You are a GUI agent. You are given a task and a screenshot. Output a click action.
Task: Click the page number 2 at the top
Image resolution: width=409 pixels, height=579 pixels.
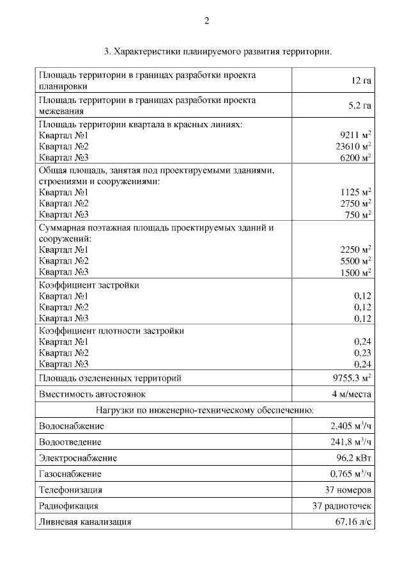click(x=206, y=20)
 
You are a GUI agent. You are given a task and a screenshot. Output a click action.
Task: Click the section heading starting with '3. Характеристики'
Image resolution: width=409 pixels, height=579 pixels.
click(x=217, y=51)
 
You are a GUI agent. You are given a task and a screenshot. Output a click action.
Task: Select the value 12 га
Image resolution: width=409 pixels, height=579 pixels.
click(x=361, y=81)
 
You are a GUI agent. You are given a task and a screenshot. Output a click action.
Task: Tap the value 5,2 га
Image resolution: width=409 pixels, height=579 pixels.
click(x=360, y=106)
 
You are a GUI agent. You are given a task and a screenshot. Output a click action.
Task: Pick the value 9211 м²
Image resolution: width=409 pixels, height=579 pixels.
click(x=357, y=135)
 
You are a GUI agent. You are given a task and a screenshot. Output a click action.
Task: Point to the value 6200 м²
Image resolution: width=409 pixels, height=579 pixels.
click(x=357, y=157)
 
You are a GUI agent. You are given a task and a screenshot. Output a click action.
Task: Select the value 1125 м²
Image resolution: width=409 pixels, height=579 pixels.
click(x=357, y=192)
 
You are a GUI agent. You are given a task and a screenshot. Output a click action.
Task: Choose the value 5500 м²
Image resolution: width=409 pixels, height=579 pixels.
click(x=357, y=261)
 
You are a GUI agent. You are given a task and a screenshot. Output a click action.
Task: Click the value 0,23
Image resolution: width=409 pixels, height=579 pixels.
click(x=362, y=353)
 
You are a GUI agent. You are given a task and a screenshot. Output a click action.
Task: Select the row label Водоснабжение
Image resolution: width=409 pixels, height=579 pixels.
click(x=72, y=426)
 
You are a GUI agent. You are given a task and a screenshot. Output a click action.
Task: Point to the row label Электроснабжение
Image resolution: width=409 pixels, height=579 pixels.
click(x=78, y=458)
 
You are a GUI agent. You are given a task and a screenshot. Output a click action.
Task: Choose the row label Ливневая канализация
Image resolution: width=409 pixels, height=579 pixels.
click(x=85, y=522)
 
